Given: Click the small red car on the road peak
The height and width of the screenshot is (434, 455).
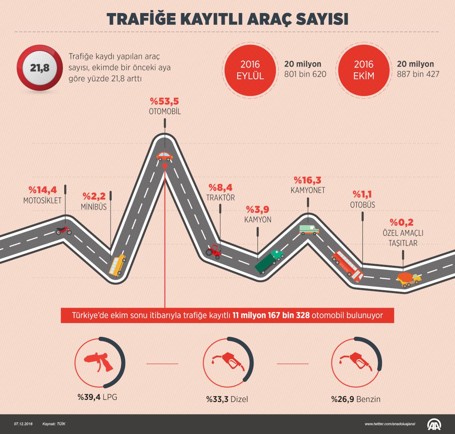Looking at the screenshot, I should [x=165, y=156].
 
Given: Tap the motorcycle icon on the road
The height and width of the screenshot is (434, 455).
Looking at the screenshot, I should [x=63, y=230].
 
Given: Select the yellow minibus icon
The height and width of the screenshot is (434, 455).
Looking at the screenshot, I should [x=117, y=265].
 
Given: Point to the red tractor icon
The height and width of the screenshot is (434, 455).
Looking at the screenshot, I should [x=214, y=252].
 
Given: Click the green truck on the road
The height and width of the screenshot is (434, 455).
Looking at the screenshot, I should [x=269, y=261].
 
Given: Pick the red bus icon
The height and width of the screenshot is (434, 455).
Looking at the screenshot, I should [x=347, y=266].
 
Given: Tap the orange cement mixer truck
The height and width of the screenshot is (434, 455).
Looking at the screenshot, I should [x=408, y=279].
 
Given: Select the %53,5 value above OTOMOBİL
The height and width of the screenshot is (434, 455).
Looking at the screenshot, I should [x=165, y=101].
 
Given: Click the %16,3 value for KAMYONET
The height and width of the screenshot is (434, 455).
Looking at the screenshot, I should [x=308, y=180].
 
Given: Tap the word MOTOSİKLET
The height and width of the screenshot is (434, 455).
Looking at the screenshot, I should [x=42, y=200].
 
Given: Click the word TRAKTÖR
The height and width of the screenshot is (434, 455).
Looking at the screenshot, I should [x=221, y=198].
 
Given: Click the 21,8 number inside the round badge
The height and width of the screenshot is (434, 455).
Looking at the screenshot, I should [x=39, y=68].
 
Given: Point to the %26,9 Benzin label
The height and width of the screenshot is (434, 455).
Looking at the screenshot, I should [x=355, y=399].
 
